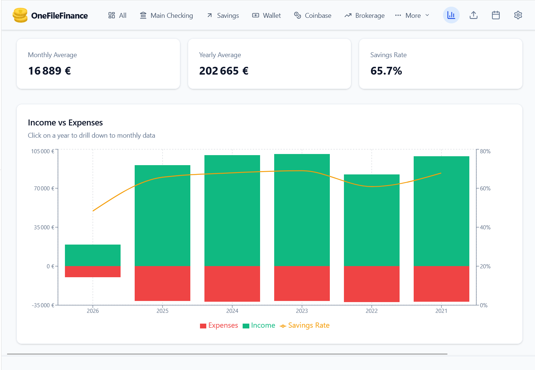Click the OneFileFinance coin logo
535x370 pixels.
(x=20, y=16)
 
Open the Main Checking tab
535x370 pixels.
(x=166, y=16)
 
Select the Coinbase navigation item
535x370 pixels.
(x=312, y=16)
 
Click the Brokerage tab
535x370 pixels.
(x=364, y=16)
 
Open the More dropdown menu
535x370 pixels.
(x=412, y=16)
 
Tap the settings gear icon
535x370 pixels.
(x=518, y=15)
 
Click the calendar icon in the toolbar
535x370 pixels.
(x=496, y=15)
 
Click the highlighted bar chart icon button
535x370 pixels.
(x=451, y=15)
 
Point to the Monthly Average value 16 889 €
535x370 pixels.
(x=49, y=71)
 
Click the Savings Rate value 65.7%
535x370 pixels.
(x=386, y=71)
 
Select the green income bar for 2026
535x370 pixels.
(x=93, y=255)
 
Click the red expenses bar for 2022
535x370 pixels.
(x=372, y=284)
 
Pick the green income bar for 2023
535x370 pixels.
(x=302, y=210)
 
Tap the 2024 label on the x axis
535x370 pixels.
(x=232, y=311)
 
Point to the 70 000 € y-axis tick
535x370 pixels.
(x=44, y=189)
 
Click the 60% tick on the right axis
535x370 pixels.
(x=485, y=189)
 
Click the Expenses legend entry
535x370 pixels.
(x=219, y=325)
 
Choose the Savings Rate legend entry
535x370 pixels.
(x=305, y=325)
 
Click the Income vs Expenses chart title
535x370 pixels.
(x=65, y=123)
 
